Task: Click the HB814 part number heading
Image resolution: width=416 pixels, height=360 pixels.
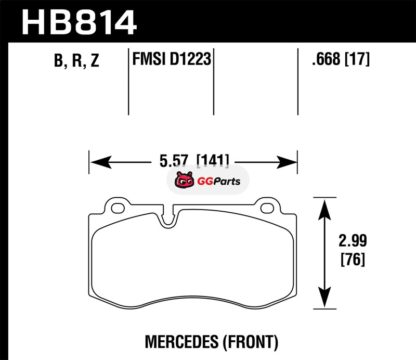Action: point(79,22)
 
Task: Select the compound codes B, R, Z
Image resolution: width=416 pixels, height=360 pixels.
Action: point(76,60)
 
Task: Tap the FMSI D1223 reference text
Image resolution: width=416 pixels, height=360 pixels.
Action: point(172,59)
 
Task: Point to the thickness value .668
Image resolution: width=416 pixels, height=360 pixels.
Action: point(326,59)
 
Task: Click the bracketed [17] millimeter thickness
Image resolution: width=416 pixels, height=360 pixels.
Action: point(357,59)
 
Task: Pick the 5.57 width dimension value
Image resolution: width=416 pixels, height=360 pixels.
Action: point(174,160)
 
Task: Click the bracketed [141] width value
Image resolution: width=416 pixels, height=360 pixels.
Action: point(213,160)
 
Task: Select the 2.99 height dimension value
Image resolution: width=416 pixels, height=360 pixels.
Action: point(353,240)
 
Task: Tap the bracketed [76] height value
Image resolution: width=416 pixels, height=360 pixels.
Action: point(353,260)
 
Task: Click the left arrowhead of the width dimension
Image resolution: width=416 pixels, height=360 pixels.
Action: point(100,162)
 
